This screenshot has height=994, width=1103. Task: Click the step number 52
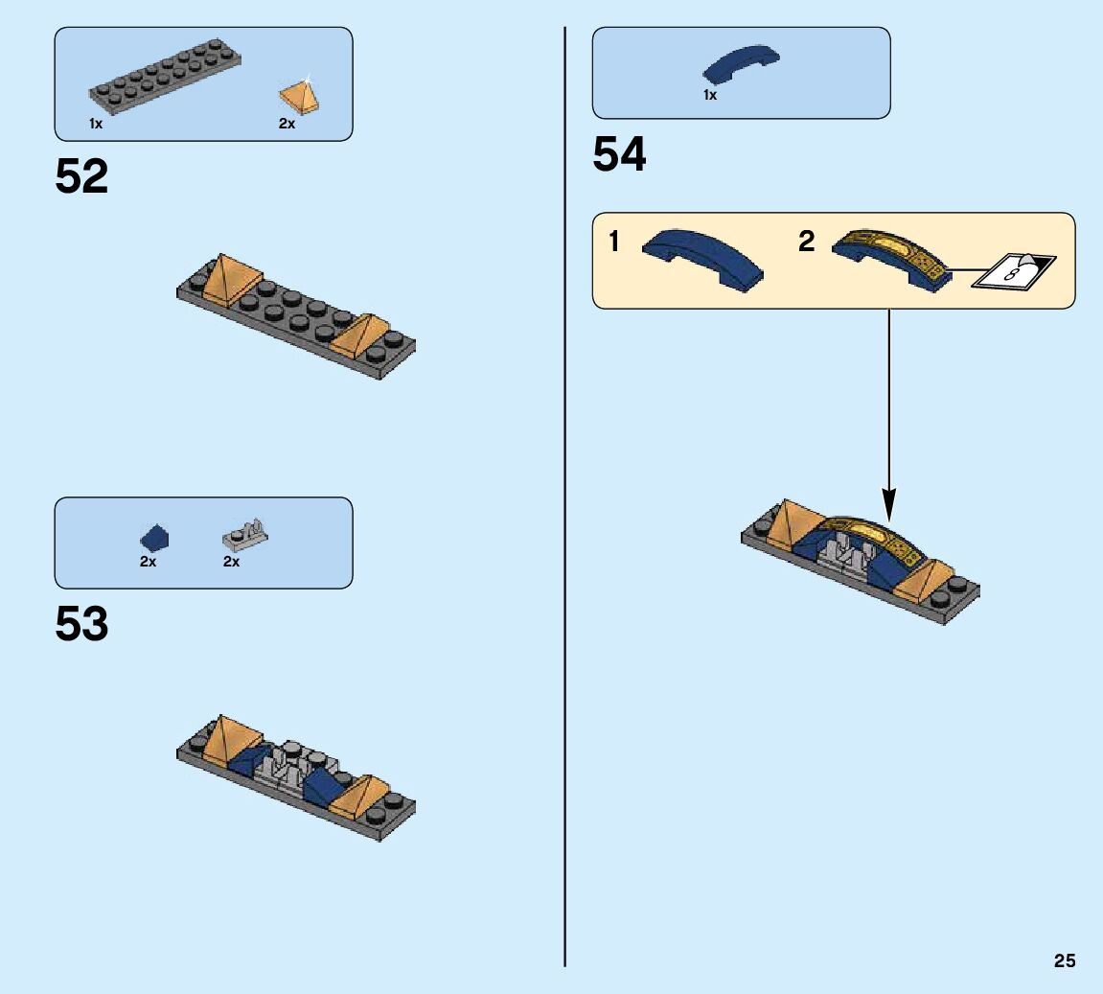click(x=81, y=177)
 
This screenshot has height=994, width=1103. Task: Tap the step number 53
click(x=81, y=624)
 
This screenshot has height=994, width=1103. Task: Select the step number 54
click(x=619, y=155)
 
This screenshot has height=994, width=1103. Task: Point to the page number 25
click(x=1065, y=960)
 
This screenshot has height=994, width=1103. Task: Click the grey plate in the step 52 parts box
click(x=163, y=76)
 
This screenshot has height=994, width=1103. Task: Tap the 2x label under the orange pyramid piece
click(x=287, y=124)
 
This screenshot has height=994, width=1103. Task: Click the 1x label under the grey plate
click(x=96, y=124)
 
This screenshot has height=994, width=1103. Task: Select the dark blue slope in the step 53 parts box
click(x=154, y=537)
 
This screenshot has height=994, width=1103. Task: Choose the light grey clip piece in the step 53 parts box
click(x=245, y=533)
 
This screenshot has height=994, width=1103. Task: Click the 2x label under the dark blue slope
click(x=148, y=562)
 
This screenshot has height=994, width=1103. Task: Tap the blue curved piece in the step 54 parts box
click(x=741, y=64)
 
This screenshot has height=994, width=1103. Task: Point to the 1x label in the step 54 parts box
click(x=710, y=95)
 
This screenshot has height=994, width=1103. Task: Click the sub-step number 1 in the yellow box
click(x=614, y=243)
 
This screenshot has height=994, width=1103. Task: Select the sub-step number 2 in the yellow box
click(x=806, y=243)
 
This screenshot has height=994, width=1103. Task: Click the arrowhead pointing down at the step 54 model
click(x=889, y=502)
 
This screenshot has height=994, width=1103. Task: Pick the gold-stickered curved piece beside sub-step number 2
click(x=891, y=256)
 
